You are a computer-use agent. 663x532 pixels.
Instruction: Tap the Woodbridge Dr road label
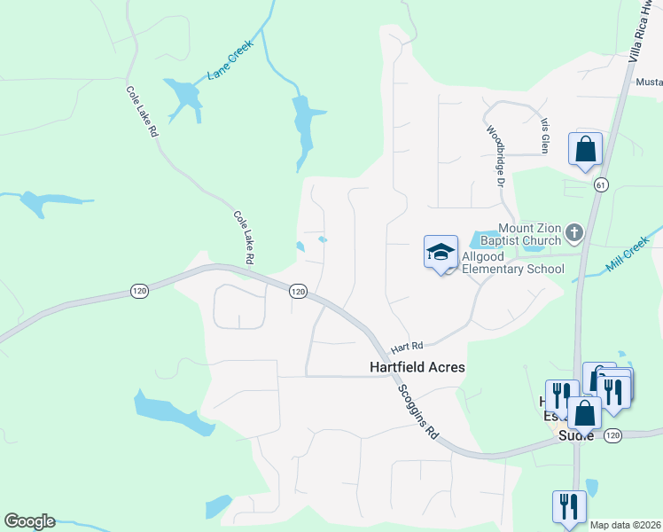click(x=495, y=156)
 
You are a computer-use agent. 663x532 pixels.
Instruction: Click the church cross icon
click(x=574, y=234)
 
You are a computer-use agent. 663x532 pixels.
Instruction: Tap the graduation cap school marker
click(x=441, y=253)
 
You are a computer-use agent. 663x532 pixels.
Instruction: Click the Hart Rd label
click(x=409, y=345)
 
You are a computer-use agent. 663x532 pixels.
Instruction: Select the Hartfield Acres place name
click(x=417, y=366)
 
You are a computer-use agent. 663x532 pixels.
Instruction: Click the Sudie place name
click(x=574, y=434)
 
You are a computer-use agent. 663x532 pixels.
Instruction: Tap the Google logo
click(x=29, y=521)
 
